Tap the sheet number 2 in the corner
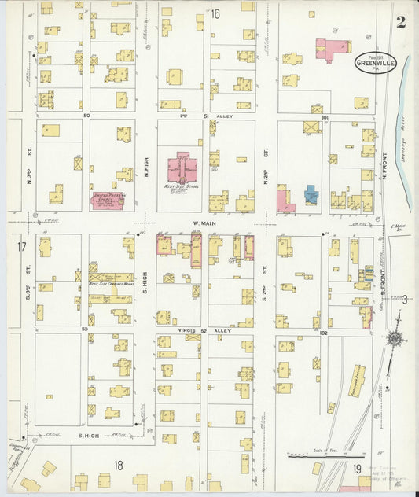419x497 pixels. (401, 21)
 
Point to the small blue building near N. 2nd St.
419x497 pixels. (312, 194)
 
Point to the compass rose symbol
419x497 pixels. (393, 338)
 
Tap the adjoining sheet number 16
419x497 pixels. (215, 13)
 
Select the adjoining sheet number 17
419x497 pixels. (21, 248)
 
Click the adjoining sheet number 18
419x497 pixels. (118, 466)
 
